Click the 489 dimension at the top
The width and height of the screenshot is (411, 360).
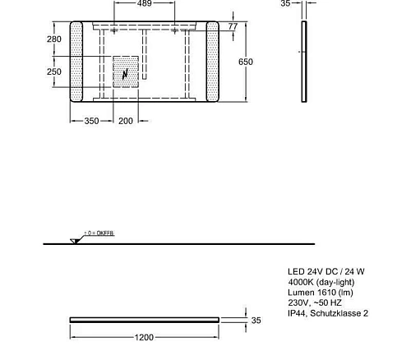145,4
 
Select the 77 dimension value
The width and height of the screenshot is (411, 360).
233,27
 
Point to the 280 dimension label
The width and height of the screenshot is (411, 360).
53,39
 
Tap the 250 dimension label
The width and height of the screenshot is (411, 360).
53,72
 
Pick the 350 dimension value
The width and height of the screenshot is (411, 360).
91,121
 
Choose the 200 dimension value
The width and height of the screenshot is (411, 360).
126,121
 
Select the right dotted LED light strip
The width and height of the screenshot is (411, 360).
211,63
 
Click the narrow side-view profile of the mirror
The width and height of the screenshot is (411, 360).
305,62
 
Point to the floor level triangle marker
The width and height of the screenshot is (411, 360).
76,240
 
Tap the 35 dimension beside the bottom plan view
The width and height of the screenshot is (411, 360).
255,321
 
